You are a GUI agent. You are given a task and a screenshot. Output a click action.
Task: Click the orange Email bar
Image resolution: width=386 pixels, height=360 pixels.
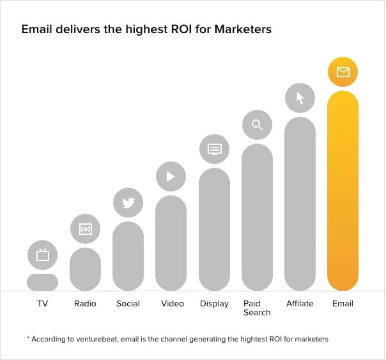pyautogui.click(x=343, y=191)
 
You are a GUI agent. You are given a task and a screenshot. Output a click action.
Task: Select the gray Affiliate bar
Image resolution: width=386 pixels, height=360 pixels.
pyautogui.click(x=300, y=204)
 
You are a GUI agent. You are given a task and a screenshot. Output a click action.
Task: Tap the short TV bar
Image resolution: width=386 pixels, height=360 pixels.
pyautogui.click(x=42, y=282)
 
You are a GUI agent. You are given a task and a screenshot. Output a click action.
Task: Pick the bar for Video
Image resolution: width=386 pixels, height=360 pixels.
pyautogui.click(x=171, y=243)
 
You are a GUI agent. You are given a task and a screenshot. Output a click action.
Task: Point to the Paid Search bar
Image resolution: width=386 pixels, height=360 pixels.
pyautogui.click(x=257, y=217)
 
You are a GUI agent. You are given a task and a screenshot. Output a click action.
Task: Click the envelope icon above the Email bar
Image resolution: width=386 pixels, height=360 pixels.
pyautogui.click(x=343, y=72)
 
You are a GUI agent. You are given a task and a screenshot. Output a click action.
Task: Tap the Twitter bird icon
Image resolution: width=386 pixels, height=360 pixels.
pyautogui.click(x=128, y=203)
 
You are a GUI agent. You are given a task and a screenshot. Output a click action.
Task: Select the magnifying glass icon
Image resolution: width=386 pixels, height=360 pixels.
pyautogui.click(x=257, y=124)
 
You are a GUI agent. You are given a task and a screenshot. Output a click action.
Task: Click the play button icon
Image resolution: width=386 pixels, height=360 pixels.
pyautogui.click(x=171, y=177)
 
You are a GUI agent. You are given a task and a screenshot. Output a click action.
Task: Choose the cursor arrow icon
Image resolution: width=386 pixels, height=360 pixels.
pyautogui.click(x=300, y=98)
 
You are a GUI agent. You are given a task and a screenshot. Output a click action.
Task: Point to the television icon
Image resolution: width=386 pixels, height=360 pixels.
pyautogui.click(x=42, y=255)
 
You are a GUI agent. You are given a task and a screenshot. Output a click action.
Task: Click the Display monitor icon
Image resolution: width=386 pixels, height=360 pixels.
pyautogui.click(x=214, y=150)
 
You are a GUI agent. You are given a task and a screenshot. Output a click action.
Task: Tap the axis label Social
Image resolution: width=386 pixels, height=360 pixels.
pyautogui.click(x=128, y=304)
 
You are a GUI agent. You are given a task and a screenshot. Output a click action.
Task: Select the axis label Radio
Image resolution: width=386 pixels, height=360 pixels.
pyautogui.click(x=85, y=304)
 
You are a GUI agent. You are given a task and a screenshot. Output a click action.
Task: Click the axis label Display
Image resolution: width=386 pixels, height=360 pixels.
pyautogui.click(x=214, y=304)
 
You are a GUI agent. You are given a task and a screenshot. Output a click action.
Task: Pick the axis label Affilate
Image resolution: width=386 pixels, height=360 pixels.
pyautogui.click(x=300, y=304)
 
